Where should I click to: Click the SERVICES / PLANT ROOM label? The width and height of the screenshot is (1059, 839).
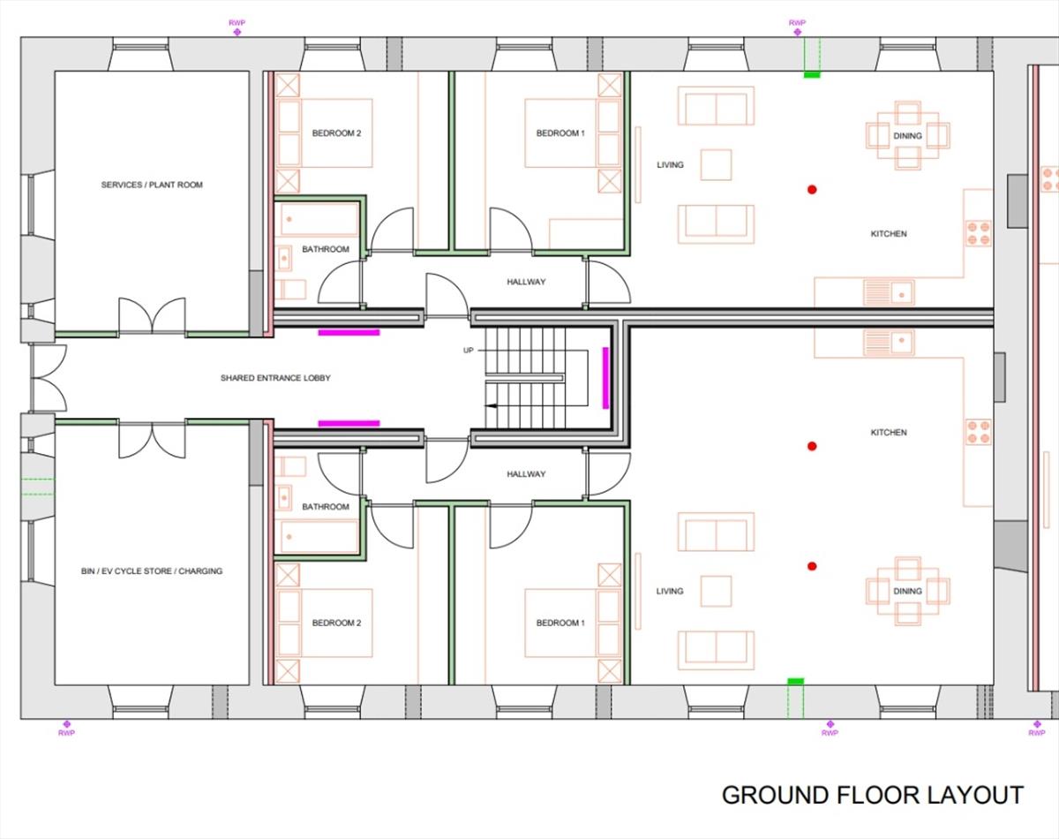click(152, 185)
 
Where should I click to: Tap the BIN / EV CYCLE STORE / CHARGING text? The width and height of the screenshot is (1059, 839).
click(152, 571)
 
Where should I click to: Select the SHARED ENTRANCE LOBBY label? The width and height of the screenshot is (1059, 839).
click(275, 378)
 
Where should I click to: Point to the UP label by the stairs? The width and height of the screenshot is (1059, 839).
click(469, 351)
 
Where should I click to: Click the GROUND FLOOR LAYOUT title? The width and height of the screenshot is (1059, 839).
click(872, 795)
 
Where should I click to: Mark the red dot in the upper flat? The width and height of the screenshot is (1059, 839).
click(812, 189)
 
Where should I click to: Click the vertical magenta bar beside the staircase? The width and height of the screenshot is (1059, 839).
click(605, 377)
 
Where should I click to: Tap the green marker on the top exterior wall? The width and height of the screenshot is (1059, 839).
click(811, 75)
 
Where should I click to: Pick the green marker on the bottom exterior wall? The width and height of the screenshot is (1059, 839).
click(795, 682)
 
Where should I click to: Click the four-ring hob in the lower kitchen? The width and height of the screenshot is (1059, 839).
click(978, 432)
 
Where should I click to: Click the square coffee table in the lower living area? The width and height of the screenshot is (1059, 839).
click(716, 591)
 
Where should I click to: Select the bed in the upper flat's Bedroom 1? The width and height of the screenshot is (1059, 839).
click(560, 133)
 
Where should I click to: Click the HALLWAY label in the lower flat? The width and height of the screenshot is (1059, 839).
click(526, 474)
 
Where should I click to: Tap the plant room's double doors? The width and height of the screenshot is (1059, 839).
click(152, 318)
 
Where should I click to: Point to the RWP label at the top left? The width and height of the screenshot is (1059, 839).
click(237, 22)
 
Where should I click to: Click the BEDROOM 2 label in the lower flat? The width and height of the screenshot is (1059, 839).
click(336, 624)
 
